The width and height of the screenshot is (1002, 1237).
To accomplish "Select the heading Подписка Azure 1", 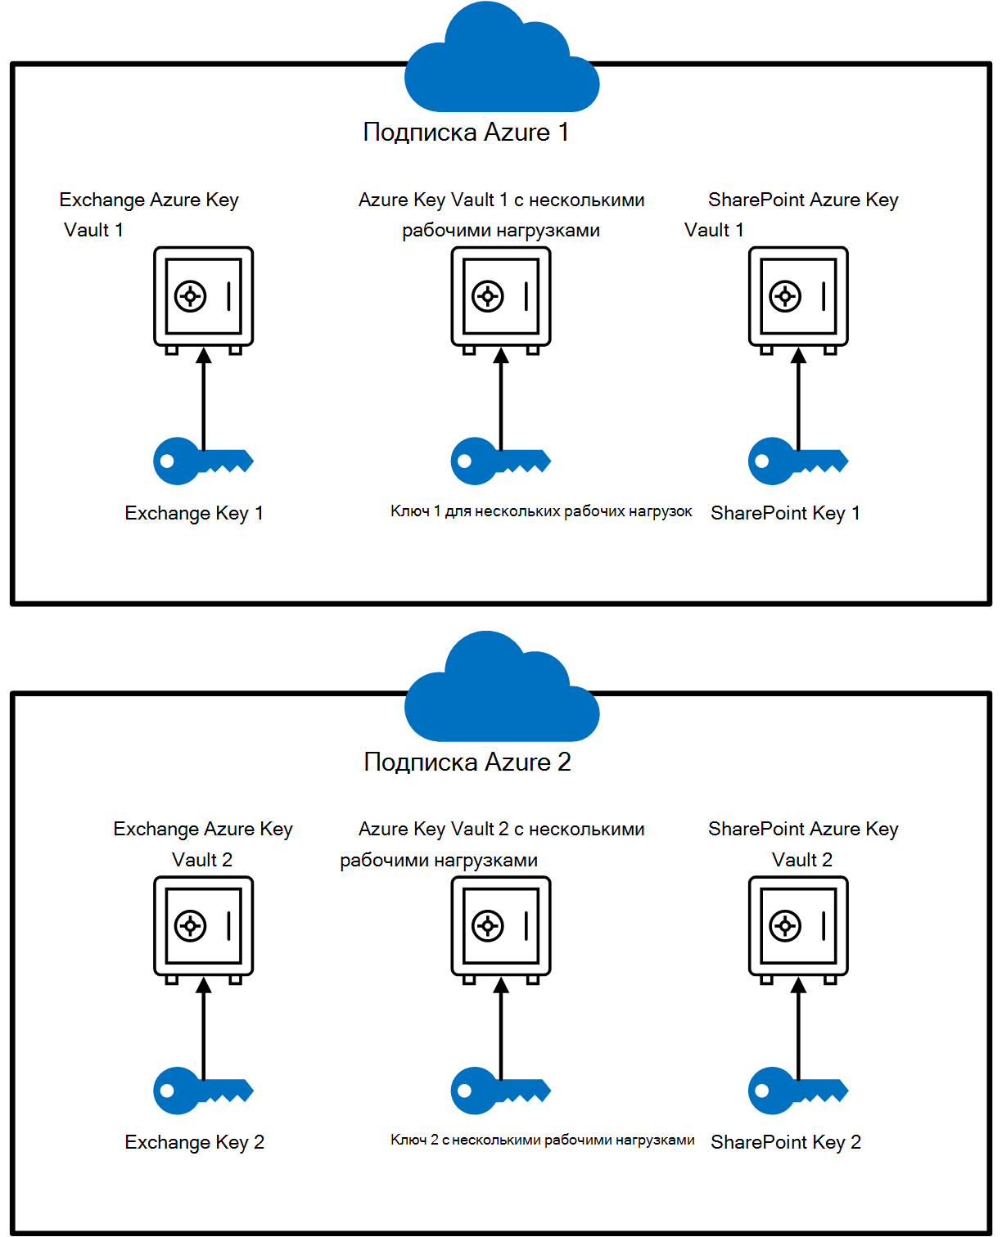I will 466,133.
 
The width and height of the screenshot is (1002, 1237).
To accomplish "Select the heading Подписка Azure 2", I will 467,762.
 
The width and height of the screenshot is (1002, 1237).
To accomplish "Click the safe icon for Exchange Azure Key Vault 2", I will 204,927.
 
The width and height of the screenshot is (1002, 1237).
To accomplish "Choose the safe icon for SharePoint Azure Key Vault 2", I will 798,927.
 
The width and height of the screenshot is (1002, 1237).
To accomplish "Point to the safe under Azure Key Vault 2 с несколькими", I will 501,927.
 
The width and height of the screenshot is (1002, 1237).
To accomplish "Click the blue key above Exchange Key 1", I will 196,461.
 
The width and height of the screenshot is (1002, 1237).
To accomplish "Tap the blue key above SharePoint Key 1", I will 791,461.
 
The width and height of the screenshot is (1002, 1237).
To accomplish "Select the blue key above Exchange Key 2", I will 196,1091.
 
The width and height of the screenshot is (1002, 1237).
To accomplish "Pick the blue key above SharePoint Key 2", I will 791,1091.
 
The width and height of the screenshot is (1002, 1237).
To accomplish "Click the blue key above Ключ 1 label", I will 494,461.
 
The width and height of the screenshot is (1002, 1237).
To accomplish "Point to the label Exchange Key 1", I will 194,513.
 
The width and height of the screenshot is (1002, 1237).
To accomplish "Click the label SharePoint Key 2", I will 786,1142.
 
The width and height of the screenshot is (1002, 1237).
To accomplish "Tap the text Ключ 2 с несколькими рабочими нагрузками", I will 542,1140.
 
